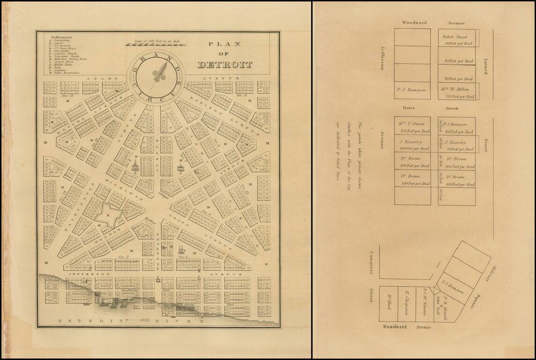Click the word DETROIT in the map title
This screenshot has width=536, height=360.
coord(225,65)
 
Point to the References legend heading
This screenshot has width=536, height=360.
coord(61,37)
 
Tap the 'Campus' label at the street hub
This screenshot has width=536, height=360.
coord(164,193)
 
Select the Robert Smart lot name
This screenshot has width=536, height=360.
coord(455,37)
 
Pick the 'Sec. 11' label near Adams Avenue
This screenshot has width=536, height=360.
coord(242,95)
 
